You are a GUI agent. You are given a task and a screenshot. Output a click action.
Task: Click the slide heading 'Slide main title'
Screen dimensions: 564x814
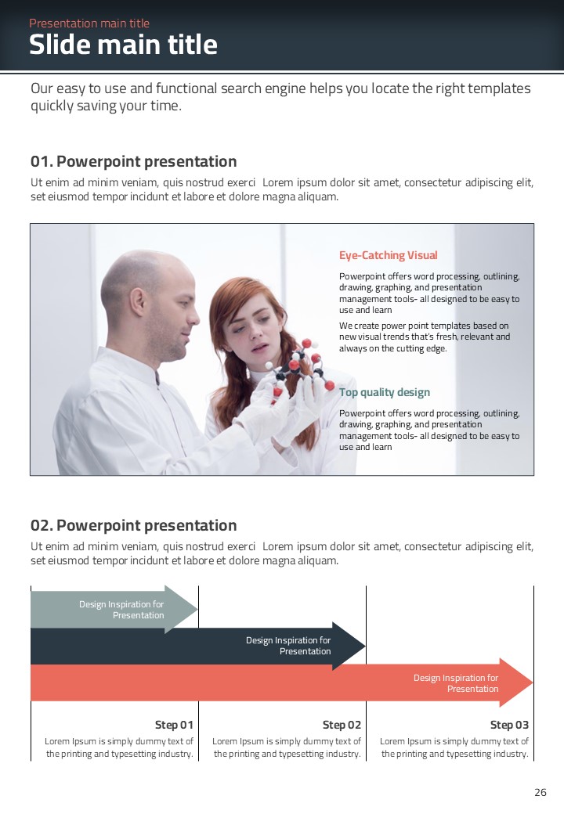pyautogui.click(x=123, y=45)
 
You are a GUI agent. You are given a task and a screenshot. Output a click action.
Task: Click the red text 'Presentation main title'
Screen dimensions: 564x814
pyautogui.click(x=89, y=23)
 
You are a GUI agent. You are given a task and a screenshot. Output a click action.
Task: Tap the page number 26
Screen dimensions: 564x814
pyautogui.click(x=540, y=792)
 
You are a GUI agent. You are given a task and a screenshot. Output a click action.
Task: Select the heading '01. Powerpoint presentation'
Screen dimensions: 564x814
pyautogui.click(x=133, y=161)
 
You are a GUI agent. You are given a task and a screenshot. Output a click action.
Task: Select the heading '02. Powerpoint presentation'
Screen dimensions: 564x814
pyautogui.click(x=133, y=525)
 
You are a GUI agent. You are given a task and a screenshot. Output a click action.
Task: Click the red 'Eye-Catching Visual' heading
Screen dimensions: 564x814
pyautogui.click(x=388, y=255)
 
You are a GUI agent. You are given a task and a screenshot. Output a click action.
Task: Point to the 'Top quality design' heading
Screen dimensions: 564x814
pyautogui.click(x=385, y=392)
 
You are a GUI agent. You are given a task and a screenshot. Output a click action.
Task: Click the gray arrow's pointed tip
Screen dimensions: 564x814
pyautogui.click(x=197, y=610)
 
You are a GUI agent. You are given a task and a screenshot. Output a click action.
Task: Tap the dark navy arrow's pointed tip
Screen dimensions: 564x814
pyautogui.click(x=365, y=647)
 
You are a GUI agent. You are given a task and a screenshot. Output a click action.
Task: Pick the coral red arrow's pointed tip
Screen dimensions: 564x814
pyautogui.click(x=533, y=683)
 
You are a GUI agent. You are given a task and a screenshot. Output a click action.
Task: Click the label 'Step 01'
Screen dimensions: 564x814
pyautogui.click(x=174, y=725)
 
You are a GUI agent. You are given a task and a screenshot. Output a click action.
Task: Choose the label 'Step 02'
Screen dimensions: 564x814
pyautogui.click(x=342, y=725)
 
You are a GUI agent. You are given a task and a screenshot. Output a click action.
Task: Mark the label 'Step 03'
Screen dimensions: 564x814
pyautogui.click(x=509, y=725)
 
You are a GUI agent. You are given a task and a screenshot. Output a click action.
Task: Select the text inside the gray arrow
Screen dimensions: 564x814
pyautogui.click(x=121, y=610)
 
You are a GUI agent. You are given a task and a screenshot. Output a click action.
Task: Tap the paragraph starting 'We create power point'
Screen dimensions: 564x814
pyautogui.click(x=425, y=337)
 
